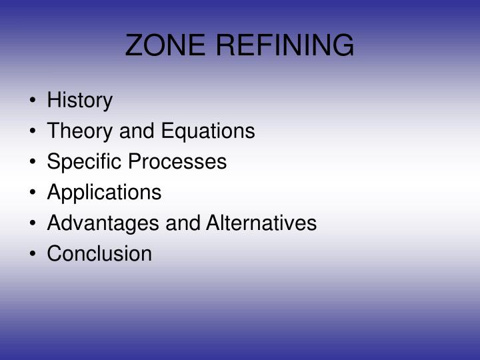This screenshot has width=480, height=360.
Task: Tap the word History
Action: click(x=80, y=101)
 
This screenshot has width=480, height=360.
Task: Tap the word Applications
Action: click(x=104, y=193)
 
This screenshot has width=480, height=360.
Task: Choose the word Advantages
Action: click(x=95, y=223)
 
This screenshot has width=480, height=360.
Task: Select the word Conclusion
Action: click(x=99, y=254)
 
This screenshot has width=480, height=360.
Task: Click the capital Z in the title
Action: click(x=134, y=45)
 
